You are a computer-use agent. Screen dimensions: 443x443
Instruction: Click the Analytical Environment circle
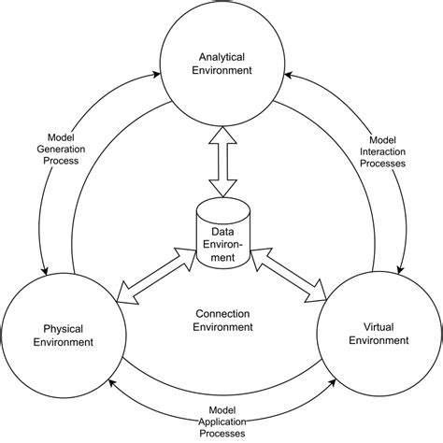point(221,64)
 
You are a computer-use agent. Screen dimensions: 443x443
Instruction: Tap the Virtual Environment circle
point(379,335)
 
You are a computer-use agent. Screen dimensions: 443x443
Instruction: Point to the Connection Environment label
point(222,320)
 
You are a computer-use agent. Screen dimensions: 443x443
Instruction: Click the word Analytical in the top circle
point(221,55)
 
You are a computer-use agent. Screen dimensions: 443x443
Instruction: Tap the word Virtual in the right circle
point(379,327)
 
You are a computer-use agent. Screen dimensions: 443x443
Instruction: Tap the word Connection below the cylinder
point(222,312)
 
